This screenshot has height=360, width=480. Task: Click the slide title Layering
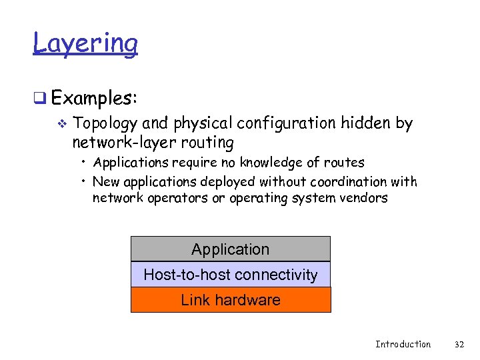click(85, 43)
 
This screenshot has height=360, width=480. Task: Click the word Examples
click(93, 98)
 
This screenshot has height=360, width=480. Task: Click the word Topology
click(106, 124)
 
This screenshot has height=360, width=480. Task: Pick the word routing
click(210, 143)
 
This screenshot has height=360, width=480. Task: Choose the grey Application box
click(231, 249)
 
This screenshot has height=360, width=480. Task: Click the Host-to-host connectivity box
click(231, 275)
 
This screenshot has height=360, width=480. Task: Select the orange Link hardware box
click(231, 300)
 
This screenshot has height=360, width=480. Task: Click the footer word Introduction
click(403, 344)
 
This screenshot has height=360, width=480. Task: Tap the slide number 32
click(459, 344)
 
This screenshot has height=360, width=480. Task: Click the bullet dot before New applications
click(85, 181)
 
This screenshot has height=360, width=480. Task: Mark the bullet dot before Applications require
click(85, 163)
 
